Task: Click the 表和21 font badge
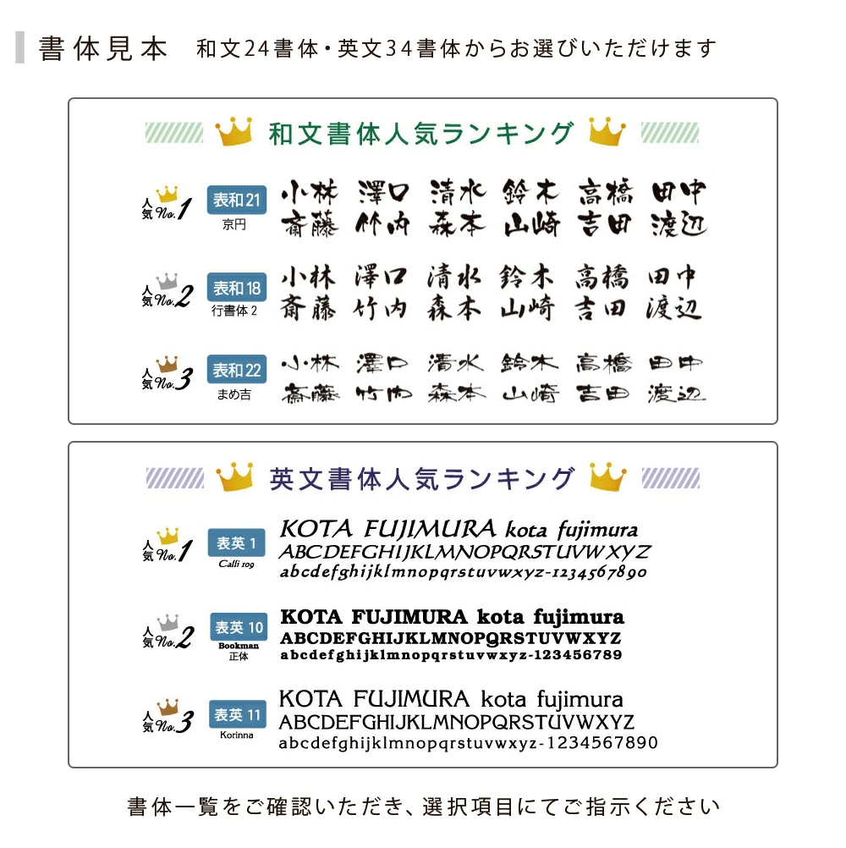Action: [236, 201]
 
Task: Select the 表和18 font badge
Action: [236, 288]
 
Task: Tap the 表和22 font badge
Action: [236, 371]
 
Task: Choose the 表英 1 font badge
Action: [236, 542]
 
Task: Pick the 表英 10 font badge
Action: [239, 627]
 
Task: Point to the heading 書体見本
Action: [104, 48]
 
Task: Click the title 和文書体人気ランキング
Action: [421, 133]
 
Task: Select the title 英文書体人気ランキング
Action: [421, 478]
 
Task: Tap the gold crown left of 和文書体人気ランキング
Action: [234, 131]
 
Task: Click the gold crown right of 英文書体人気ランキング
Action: [607, 477]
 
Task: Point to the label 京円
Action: [234, 225]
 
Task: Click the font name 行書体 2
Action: [234, 311]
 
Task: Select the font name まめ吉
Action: [234, 394]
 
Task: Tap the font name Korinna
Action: [237, 735]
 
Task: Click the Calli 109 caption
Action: [236, 564]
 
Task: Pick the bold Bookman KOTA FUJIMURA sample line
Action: [452, 616]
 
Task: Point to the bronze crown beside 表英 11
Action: [168, 704]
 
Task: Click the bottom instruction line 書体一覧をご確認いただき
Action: [423, 807]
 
